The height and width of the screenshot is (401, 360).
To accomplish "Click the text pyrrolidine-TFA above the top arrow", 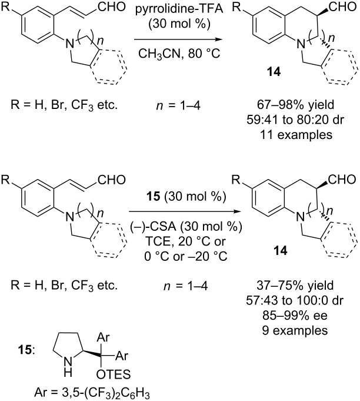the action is tap(179, 9).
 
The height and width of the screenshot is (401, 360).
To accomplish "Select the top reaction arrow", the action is tap(178, 39).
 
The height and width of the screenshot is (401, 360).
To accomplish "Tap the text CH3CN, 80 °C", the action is tap(179, 54).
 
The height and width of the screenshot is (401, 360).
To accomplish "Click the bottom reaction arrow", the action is tap(185, 211).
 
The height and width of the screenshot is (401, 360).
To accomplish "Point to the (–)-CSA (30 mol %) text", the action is tap(186, 226).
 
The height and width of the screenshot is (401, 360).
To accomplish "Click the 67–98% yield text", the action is tap(295, 105).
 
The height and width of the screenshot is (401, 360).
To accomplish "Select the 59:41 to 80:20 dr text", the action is tap(295, 120).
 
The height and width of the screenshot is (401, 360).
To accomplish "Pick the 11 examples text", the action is tap(296, 134).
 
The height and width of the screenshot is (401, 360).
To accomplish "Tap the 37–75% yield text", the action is tap(295, 286).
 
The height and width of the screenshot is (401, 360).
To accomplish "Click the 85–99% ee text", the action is tap(295, 316).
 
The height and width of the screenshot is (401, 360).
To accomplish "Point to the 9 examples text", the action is tap(295, 330).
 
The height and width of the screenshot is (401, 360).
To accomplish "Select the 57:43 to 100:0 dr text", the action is tap(295, 300).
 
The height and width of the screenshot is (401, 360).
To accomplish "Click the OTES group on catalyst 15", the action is tap(114, 375).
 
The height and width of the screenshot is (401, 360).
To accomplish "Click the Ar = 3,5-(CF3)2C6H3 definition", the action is tap(92, 393).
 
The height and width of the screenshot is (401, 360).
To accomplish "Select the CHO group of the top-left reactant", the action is tap(112, 7).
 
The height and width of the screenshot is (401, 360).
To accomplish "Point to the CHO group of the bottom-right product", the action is tap(342, 180).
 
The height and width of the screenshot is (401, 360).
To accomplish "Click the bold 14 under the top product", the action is tap(274, 72).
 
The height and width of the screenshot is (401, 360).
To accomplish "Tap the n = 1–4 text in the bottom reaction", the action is tap(186, 286).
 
